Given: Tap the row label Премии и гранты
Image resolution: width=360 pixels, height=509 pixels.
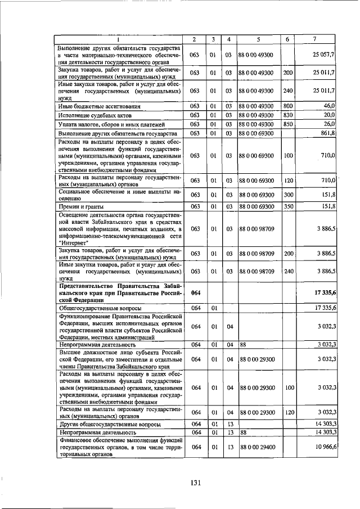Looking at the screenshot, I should tap(78, 207).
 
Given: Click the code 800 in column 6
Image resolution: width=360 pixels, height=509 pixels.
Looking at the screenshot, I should tap(288, 106).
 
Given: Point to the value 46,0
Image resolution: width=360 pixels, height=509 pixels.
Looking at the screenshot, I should tap(329, 106).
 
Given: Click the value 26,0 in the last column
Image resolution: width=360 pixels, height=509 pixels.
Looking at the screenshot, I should tap(329, 124).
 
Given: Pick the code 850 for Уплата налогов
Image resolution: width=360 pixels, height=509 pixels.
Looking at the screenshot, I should tap(288, 124).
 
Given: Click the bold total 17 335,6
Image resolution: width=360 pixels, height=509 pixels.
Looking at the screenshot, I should tap(322, 293).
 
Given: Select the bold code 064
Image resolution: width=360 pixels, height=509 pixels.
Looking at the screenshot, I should tap(195, 293).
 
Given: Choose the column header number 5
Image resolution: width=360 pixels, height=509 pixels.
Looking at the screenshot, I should tap(258, 39).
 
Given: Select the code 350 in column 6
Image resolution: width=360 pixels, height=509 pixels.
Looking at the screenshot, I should tap(288, 207).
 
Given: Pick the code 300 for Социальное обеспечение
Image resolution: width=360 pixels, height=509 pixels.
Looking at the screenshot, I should tap(288, 195).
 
